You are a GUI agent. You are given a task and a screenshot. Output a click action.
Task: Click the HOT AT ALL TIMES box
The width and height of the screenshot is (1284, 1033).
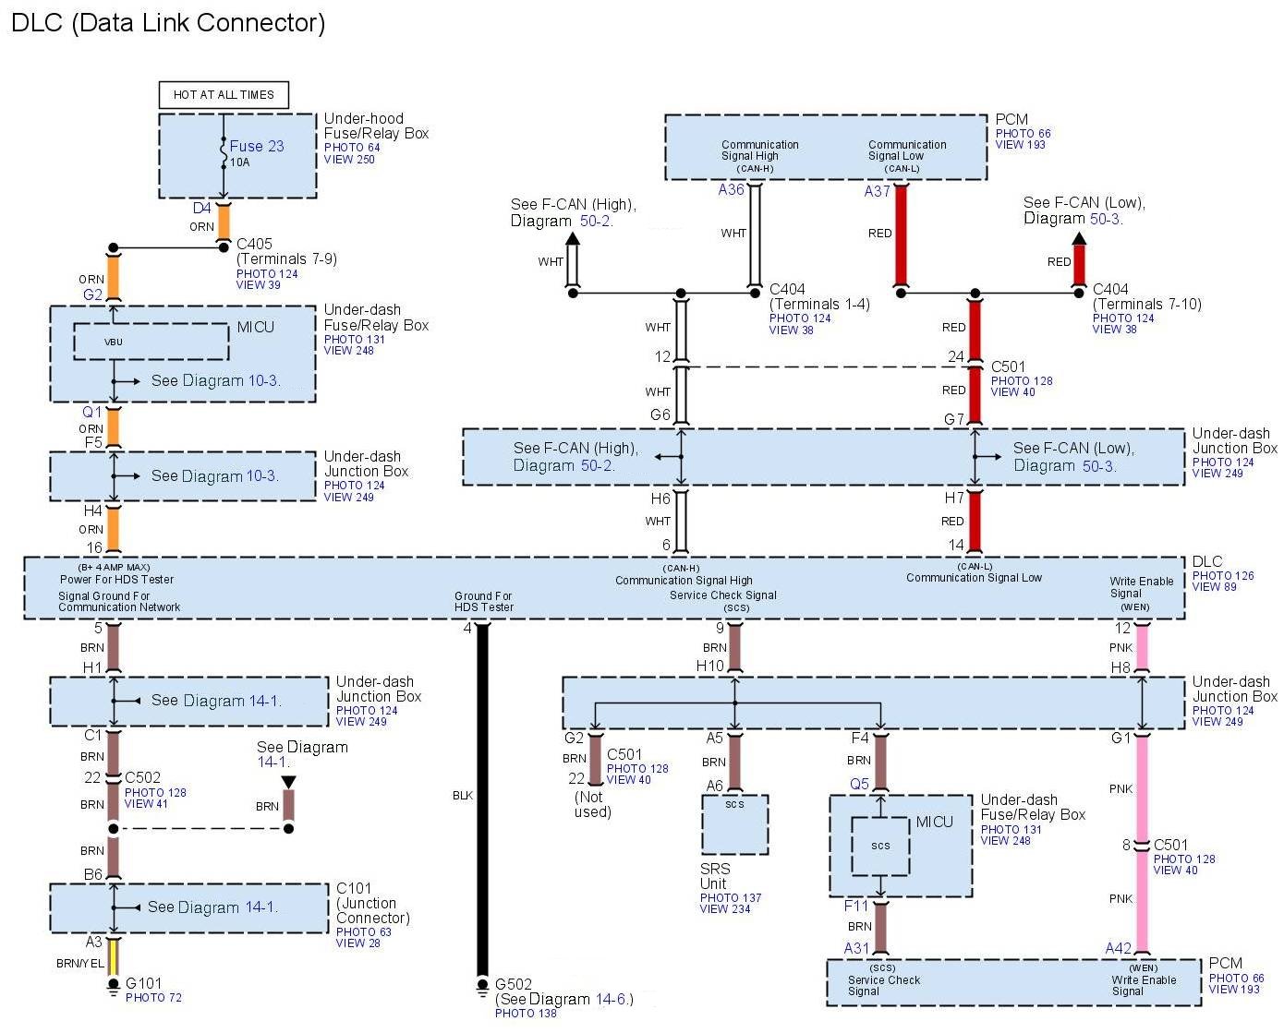(224, 95)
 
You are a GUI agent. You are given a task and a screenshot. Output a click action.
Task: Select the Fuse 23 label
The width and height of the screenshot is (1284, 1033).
(257, 146)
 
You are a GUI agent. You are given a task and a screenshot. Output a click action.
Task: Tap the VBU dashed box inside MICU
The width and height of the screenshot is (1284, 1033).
(151, 342)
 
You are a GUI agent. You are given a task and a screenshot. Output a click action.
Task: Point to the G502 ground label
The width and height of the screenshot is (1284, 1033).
(513, 984)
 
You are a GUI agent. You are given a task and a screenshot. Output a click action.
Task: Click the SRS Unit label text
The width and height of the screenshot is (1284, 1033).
(715, 876)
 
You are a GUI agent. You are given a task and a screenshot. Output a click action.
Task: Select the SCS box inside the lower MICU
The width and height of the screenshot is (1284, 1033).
(880, 846)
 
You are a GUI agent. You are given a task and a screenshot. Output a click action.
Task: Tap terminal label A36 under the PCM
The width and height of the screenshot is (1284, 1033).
(731, 189)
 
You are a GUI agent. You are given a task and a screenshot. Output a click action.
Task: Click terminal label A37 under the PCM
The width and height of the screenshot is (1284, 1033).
(877, 191)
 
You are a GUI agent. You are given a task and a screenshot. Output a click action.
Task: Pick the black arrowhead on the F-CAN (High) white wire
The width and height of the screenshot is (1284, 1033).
(572, 238)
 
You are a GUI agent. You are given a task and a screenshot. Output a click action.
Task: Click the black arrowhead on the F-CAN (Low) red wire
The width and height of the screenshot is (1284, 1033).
(1079, 238)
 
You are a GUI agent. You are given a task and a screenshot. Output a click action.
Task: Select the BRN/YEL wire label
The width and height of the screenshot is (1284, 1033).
(80, 963)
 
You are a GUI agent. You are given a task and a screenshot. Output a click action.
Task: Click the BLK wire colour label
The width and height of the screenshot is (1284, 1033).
(463, 796)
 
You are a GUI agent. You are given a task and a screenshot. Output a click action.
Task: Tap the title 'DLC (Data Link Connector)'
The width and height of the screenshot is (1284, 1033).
(168, 23)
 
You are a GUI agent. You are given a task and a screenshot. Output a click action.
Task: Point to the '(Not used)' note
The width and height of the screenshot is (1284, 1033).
(592, 804)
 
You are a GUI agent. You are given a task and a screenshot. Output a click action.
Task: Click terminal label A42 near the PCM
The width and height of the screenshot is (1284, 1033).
(1118, 948)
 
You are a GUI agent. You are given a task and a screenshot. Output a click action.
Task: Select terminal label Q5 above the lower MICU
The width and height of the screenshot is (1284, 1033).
(859, 784)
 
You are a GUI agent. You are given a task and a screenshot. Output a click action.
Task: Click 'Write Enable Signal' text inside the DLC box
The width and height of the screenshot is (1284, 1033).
(1141, 587)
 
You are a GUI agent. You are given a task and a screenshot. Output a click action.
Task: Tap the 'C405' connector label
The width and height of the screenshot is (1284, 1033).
(254, 244)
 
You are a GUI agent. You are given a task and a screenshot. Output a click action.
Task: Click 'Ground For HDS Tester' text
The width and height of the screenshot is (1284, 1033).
(483, 601)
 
